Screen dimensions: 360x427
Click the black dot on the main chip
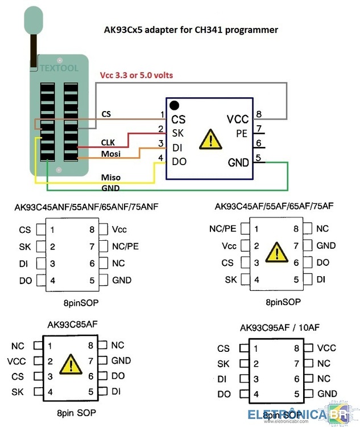click(174, 105)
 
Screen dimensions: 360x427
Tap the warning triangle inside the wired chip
click(210, 139)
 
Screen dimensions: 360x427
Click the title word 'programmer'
click(251, 30)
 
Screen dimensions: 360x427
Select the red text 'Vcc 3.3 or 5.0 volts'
click(136, 75)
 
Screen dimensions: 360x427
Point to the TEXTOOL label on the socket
click(59, 68)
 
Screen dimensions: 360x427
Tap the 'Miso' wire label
click(111, 177)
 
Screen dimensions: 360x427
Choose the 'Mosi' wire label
click(111, 154)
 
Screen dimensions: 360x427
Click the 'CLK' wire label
click(107, 142)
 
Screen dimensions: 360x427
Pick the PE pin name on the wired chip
click(242, 134)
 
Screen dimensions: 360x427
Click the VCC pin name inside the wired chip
click(238, 120)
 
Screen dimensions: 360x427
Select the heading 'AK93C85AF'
click(72, 325)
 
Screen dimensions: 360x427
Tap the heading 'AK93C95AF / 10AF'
click(280, 327)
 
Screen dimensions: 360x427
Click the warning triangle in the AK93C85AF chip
click(71, 364)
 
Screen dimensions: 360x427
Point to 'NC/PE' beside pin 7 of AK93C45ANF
click(126, 246)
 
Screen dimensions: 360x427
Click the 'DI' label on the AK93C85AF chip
click(116, 391)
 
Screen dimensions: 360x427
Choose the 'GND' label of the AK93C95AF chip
click(327, 394)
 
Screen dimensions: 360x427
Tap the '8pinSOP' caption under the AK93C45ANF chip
click(81, 303)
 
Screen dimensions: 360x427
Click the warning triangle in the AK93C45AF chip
click(277, 252)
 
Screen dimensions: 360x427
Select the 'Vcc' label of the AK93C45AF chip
click(229, 246)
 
